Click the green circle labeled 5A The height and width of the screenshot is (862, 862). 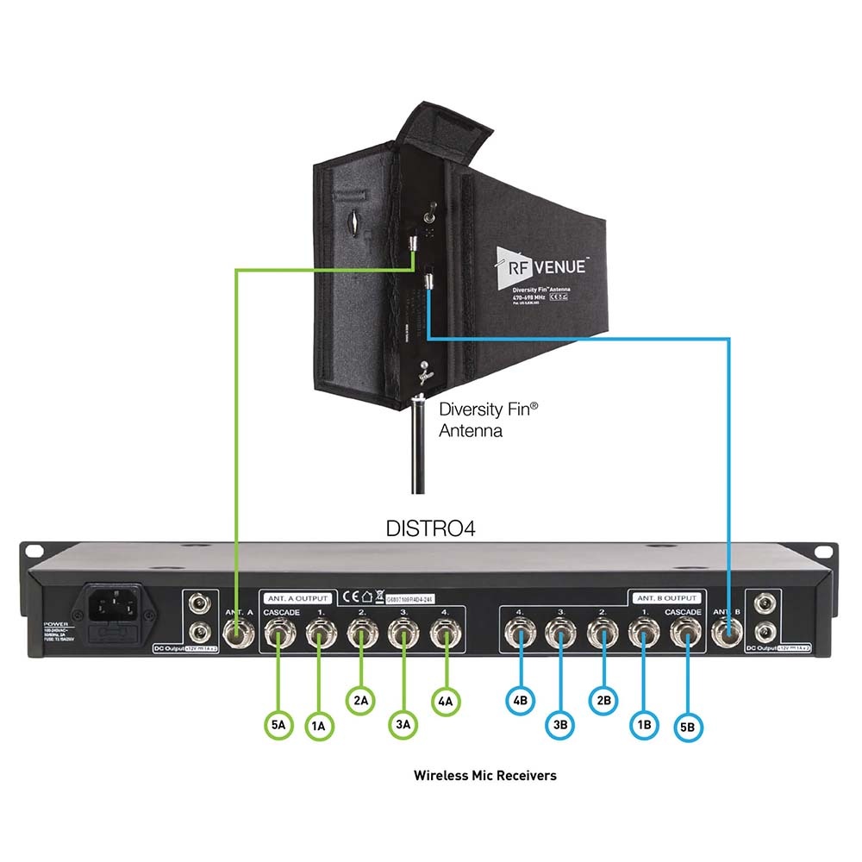278,725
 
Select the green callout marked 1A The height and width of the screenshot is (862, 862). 319,726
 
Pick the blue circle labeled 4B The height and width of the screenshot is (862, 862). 520,700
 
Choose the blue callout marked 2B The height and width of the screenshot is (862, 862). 603,699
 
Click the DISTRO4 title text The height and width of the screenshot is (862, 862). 430,528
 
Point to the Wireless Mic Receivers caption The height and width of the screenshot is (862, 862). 484,775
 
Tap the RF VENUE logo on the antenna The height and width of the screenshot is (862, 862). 541,265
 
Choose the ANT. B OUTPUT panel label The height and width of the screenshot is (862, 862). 668,597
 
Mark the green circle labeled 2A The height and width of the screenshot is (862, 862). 361,700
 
